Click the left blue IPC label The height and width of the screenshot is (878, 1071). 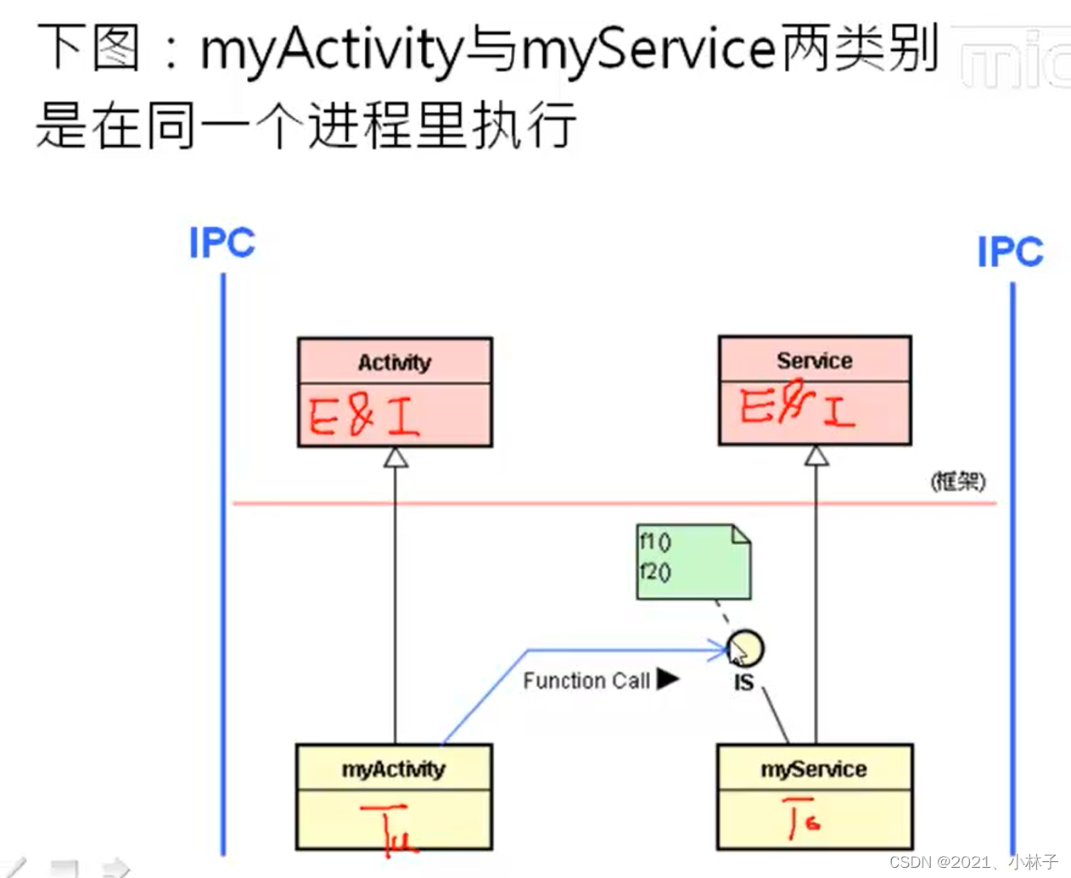(221, 243)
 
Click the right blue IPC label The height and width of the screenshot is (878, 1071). (1010, 252)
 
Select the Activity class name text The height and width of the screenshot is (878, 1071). (395, 362)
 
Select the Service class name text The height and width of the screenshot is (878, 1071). (815, 361)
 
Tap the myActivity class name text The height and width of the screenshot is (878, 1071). (394, 769)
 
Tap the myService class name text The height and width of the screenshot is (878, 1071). (814, 769)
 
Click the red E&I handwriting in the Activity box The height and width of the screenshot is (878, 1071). (365, 416)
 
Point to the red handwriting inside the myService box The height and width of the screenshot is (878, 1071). (801, 818)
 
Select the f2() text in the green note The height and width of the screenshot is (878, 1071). (654, 572)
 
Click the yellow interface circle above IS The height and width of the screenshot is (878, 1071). (746, 648)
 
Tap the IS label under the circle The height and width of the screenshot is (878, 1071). (743, 683)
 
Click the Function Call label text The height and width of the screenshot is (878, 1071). (586, 681)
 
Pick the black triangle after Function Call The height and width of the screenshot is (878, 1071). (668, 679)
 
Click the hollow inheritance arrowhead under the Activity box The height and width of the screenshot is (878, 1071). (395, 457)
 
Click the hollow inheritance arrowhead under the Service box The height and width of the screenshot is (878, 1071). (816, 456)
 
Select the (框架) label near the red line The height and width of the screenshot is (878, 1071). (958, 482)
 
